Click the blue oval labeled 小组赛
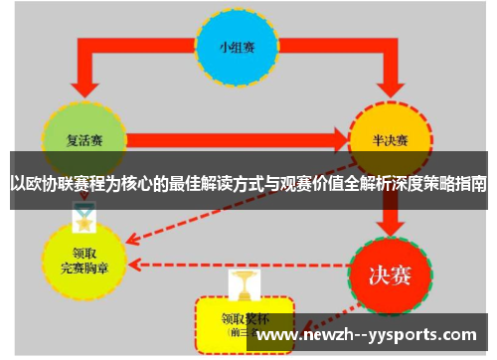[x=236, y=48]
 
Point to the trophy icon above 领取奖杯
[x=242, y=282]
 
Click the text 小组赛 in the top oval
[x=236, y=48]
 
